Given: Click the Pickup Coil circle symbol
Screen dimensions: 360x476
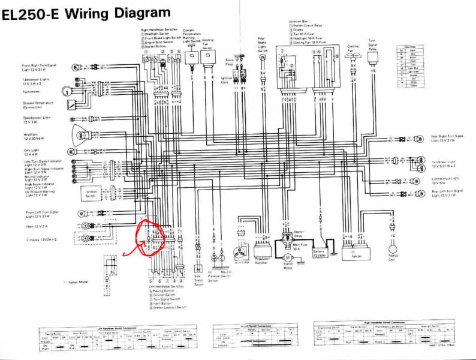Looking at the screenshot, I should [x=393, y=247].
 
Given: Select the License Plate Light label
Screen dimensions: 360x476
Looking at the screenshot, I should [x=446, y=180].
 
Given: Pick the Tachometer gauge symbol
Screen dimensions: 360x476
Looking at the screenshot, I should [x=72, y=103].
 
